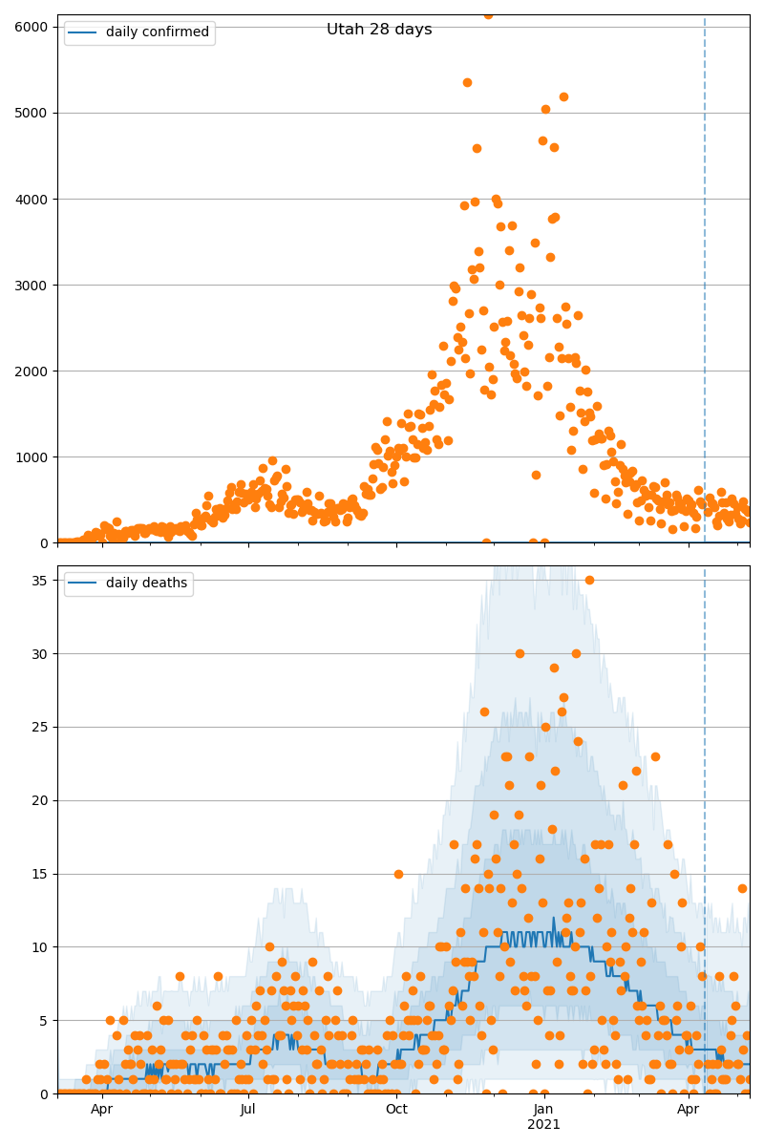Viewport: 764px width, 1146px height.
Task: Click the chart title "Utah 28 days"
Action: point(379,30)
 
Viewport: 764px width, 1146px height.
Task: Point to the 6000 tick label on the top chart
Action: point(32,27)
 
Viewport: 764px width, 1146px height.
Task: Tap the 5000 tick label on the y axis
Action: point(32,113)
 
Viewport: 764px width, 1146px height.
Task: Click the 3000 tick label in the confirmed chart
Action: point(32,285)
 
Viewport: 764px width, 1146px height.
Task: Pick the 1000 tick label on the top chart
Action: point(32,456)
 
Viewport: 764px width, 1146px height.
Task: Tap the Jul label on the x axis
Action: point(248,1109)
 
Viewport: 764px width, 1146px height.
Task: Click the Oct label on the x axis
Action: point(396,1109)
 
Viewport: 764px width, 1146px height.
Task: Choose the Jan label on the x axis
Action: point(543,1109)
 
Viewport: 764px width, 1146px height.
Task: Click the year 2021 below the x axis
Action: point(543,1125)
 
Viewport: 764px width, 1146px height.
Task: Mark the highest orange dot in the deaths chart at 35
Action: point(589,580)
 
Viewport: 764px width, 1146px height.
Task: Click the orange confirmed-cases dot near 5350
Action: point(467,82)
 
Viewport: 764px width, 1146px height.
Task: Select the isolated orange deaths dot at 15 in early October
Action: point(398,874)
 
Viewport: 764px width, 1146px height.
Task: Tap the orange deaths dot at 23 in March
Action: point(655,756)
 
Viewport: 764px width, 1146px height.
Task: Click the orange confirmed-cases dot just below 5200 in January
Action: point(563,96)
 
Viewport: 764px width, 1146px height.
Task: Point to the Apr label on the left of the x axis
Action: point(101,1109)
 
